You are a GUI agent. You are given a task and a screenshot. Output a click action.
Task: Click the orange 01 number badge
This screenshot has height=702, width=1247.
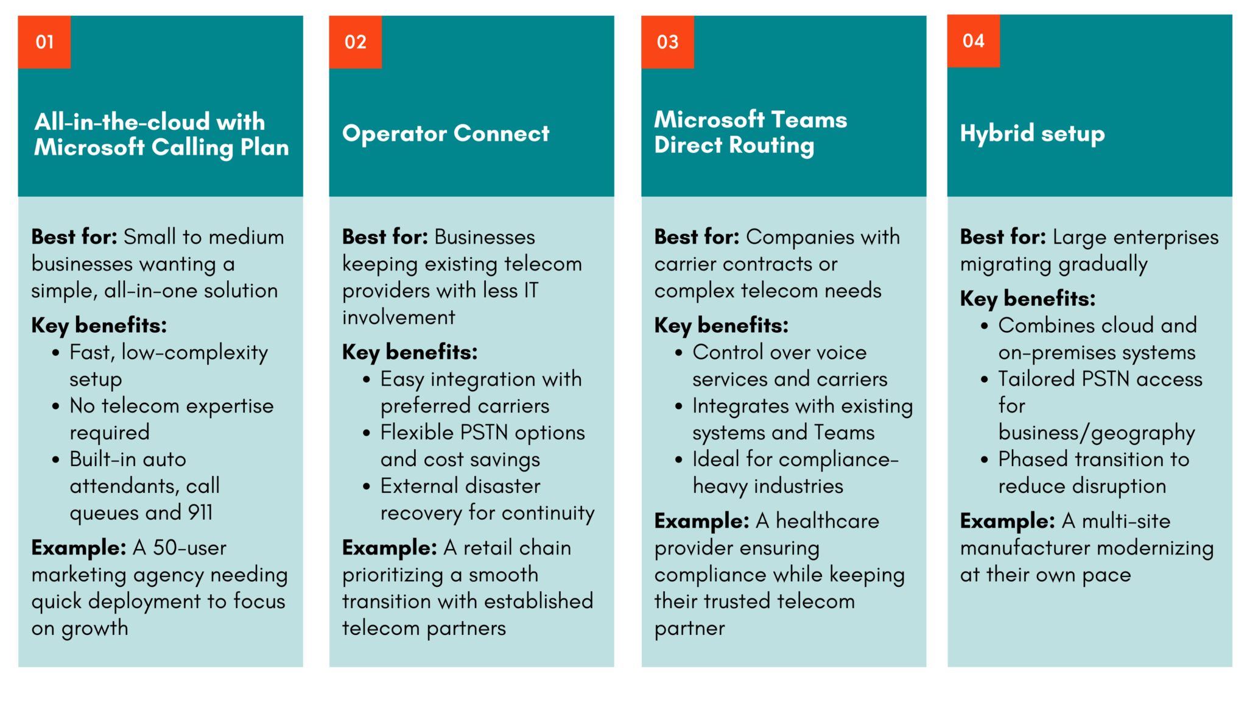(x=44, y=42)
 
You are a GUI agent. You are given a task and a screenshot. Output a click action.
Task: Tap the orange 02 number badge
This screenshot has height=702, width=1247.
(x=355, y=42)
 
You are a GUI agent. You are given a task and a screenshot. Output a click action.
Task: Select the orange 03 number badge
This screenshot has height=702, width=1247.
(x=667, y=42)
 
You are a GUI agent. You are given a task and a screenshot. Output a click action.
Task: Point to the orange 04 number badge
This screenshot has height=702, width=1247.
(x=973, y=41)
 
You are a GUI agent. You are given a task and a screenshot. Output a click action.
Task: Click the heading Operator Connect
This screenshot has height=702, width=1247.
(x=446, y=133)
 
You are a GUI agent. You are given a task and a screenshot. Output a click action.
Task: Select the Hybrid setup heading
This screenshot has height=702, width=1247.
(x=1032, y=133)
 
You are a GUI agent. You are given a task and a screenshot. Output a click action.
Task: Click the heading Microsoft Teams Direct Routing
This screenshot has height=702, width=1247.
(x=750, y=132)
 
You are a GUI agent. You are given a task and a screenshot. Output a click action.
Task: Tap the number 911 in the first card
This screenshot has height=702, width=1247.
(x=200, y=512)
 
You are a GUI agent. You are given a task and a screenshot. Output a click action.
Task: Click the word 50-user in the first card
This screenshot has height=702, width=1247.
(x=189, y=548)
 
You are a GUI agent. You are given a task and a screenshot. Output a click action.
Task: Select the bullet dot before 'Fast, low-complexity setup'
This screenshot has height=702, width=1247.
(x=56, y=353)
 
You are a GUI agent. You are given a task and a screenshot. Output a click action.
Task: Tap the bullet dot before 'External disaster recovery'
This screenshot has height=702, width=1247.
(x=367, y=486)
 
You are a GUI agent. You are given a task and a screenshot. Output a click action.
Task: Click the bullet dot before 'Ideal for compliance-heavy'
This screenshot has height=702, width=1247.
(x=679, y=459)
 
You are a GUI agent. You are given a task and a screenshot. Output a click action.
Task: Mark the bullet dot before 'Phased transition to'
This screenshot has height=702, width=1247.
(x=985, y=459)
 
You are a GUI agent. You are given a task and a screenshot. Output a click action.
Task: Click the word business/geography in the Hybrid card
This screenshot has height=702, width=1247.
(x=1097, y=433)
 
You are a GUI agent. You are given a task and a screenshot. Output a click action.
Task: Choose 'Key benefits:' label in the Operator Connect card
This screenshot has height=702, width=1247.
(x=410, y=352)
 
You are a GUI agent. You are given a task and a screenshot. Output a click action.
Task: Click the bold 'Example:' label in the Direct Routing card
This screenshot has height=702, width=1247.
(x=701, y=521)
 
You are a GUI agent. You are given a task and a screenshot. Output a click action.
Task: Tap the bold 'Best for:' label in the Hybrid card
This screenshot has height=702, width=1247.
(x=1003, y=237)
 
